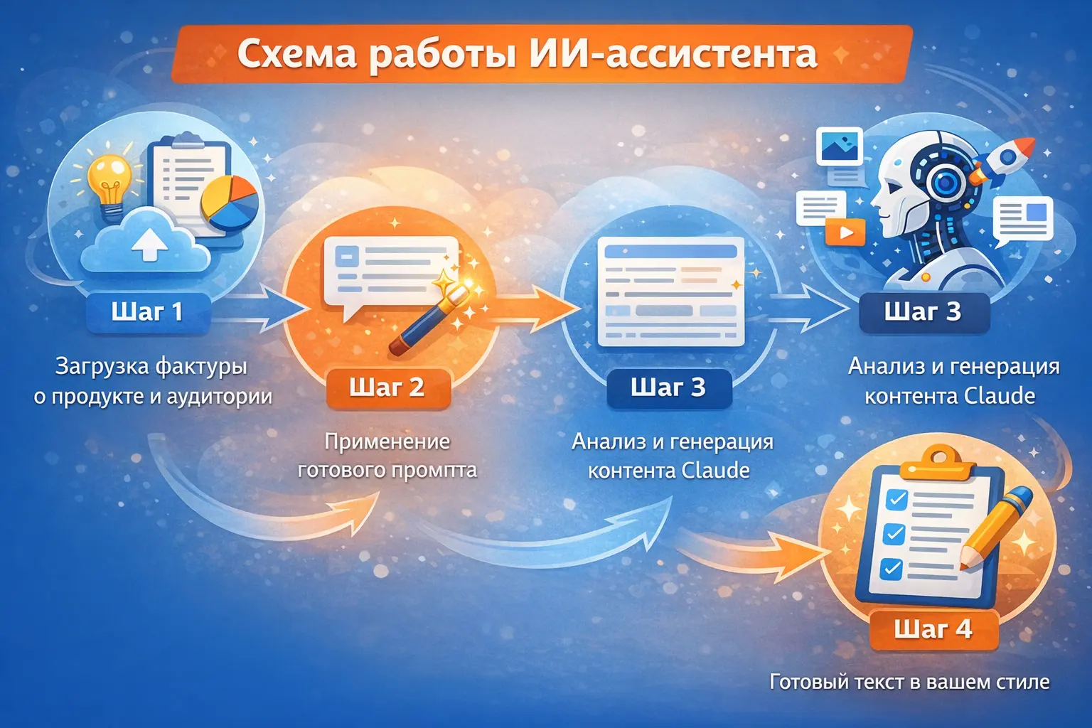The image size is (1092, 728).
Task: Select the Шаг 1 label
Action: tap(147, 312)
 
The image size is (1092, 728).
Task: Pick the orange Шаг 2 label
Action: tap(387, 387)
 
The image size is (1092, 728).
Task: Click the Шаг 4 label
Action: tap(933, 629)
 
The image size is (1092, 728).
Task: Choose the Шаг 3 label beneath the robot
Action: tap(923, 312)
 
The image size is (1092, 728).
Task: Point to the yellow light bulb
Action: tap(109, 178)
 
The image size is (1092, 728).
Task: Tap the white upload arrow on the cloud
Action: tap(150, 245)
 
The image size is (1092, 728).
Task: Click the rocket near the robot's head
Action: tap(1003, 159)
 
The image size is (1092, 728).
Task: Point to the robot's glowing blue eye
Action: tap(945, 183)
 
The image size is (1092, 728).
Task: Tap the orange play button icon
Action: tap(845, 232)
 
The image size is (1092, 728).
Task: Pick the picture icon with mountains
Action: tap(840, 147)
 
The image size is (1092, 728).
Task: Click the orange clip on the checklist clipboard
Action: tap(937, 463)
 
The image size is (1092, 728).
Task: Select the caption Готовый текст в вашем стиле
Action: tap(909, 682)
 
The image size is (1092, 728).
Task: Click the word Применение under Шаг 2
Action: tap(387, 441)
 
